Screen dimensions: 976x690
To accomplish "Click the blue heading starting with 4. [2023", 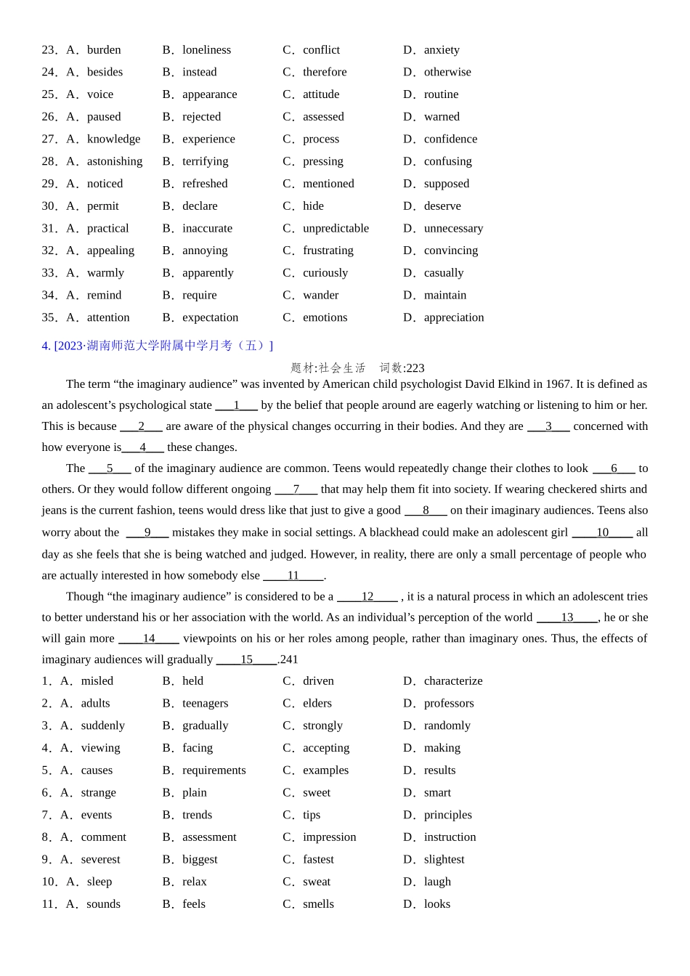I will coord(158,346).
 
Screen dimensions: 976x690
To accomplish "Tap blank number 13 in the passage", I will coord(567,617).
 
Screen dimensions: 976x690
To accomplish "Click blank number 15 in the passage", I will coord(247,659).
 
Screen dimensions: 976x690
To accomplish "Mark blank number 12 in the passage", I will coord(368,596).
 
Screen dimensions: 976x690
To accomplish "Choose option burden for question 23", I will coord(104,50).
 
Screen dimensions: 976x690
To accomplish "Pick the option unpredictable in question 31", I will coord(336,228).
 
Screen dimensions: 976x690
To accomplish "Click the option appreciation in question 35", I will coord(453,317).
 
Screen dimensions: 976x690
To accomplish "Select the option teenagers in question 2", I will coord(205,703).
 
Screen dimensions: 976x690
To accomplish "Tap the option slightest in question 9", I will coord(444,859).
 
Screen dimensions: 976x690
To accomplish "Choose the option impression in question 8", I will coord(329,837).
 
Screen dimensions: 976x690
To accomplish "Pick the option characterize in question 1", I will coord(452,680).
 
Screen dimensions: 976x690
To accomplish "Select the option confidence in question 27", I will coord(450,139).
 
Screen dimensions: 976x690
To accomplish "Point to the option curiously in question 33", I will coord(325,272).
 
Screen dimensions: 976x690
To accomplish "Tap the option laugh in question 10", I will coord(437,881).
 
